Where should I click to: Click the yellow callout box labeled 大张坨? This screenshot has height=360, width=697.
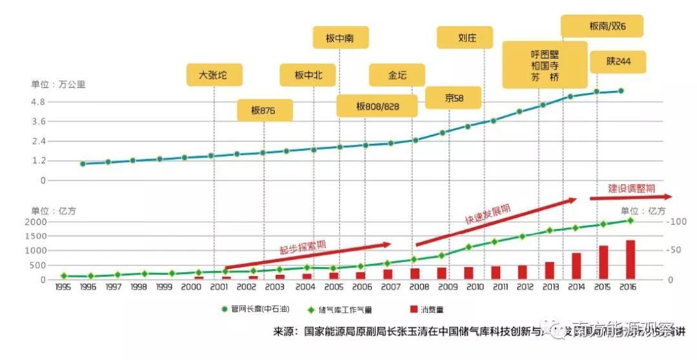click(x=212, y=75)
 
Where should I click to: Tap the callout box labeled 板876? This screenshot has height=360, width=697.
click(x=264, y=110)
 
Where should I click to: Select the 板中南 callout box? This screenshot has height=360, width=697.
click(x=339, y=37)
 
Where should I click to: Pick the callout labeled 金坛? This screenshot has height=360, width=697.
click(x=397, y=75)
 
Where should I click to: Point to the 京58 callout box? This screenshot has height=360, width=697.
click(x=454, y=98)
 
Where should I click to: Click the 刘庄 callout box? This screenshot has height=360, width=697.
click(x=464, y=37)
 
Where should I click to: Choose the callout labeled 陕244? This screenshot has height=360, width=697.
click(x=618, y=62)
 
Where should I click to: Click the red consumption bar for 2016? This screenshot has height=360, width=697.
click(x=631, y=259)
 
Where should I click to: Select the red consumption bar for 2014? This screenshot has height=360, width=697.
click(x=576, y=266)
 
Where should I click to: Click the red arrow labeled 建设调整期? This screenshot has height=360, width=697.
click(x=631, y=195)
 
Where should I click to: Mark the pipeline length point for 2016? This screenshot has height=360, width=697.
click(x=621, y=91)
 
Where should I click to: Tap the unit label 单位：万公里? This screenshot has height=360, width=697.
click(x=58, y=84)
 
